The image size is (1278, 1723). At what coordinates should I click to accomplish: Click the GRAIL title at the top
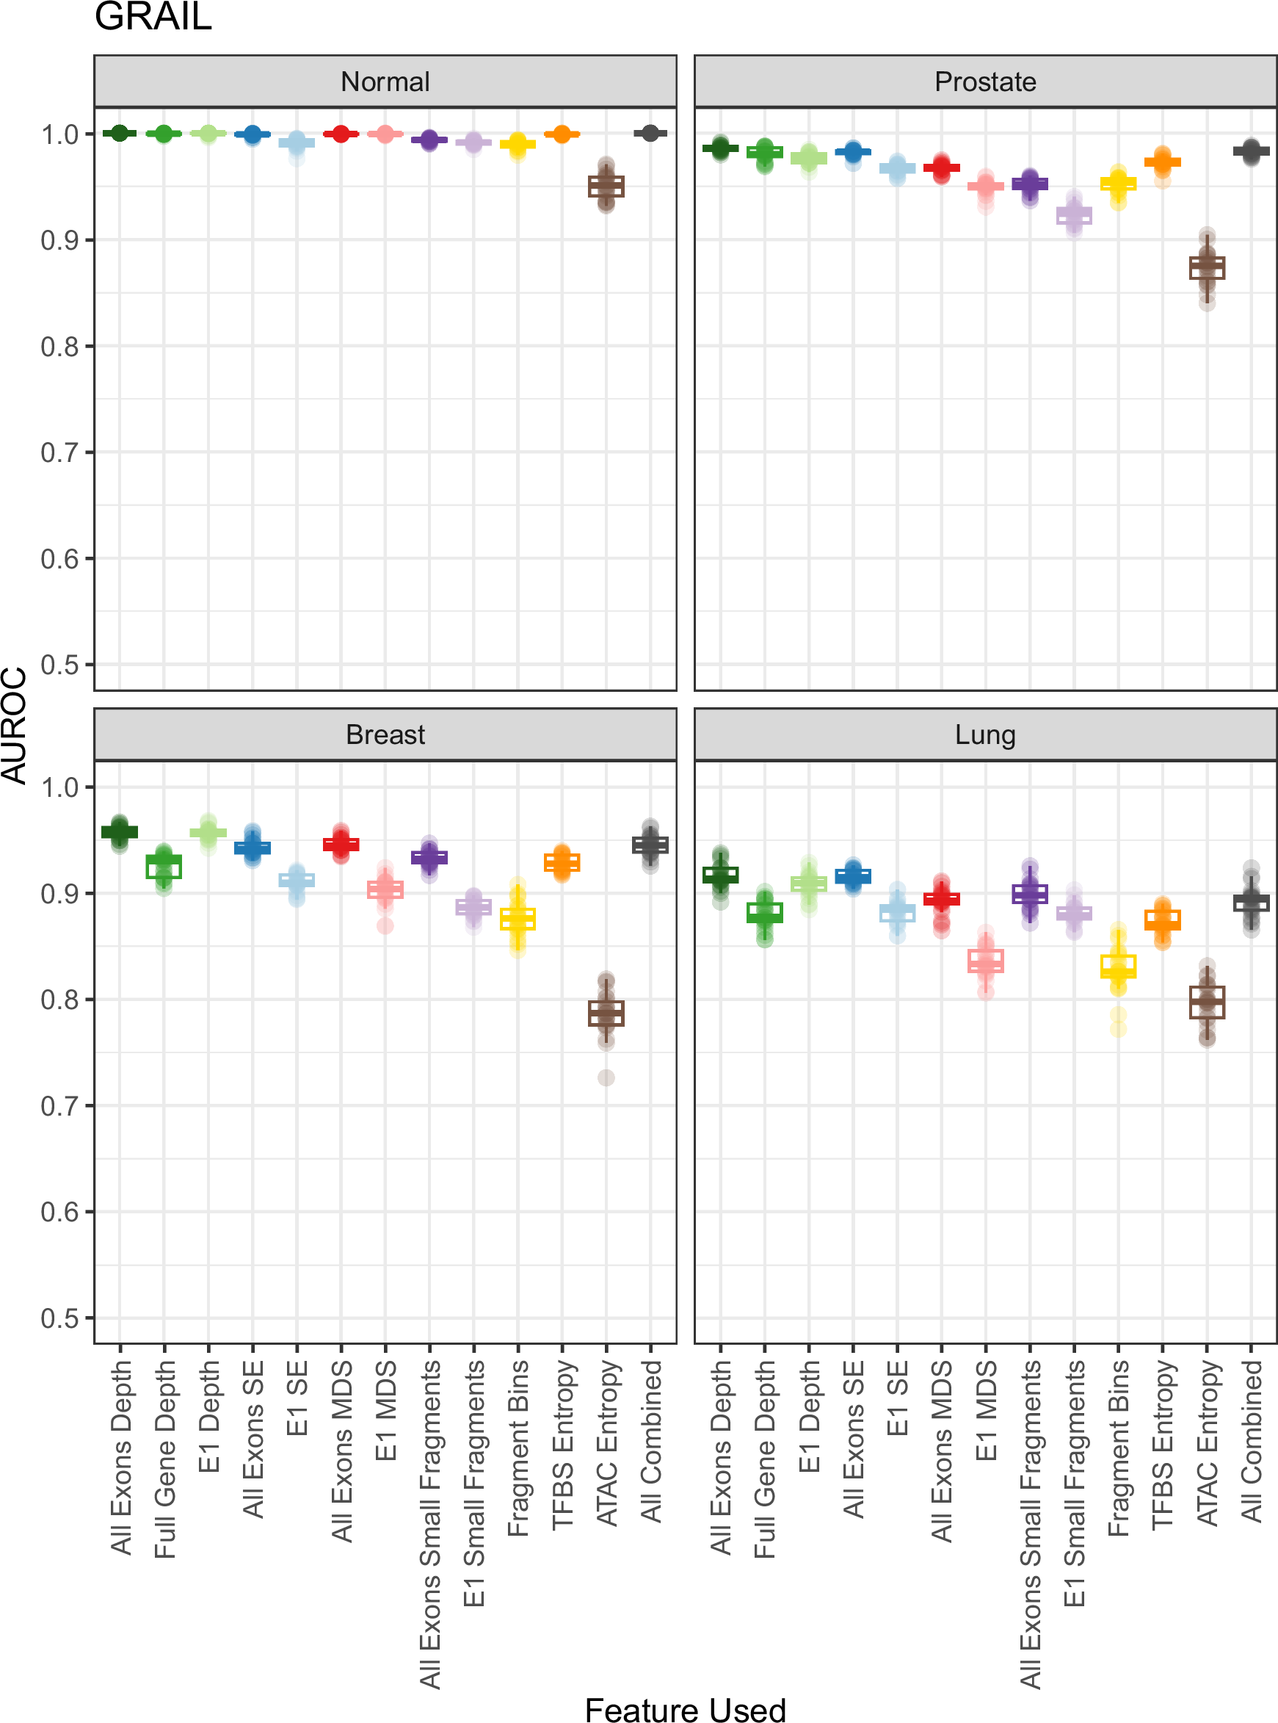tap(153, 17)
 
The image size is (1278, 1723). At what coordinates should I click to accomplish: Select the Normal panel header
tap(385, 82)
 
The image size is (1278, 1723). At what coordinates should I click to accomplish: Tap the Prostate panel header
tap(985, 82)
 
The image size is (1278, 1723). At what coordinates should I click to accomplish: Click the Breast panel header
tap(385, 734)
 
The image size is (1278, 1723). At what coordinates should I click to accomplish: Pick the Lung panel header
tap(985, 734)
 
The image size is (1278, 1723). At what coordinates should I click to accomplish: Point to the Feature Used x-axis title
tap(685, 1709)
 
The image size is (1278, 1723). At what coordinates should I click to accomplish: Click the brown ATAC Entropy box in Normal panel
tap(606, 187)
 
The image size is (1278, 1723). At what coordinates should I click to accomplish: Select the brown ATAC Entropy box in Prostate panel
tap(1207, 268)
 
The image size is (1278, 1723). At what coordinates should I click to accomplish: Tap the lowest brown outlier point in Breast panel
tap(606, 1077)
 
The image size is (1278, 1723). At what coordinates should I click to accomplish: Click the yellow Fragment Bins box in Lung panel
tap(1119, 967)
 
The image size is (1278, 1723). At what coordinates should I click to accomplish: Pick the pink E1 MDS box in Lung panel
tap(986, 961)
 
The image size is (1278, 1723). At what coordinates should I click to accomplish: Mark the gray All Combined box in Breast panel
tap(650, 845)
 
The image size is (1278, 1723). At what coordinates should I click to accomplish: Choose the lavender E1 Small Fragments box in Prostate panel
tap(1074, 215)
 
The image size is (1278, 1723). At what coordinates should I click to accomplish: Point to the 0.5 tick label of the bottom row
tap(59, 1318)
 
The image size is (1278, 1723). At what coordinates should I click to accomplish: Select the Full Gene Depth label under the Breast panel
tap(164, 1459)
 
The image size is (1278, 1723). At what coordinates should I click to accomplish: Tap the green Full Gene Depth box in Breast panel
tap(164, 867)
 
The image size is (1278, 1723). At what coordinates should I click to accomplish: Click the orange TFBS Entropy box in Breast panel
tap(562, 862)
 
